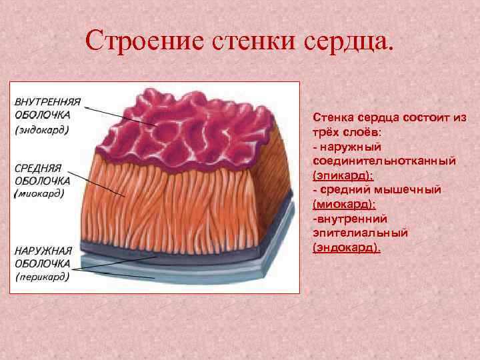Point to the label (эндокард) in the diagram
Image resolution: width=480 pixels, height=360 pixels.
43,129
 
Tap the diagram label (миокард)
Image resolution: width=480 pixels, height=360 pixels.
40,194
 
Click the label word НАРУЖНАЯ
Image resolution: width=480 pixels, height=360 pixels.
43,250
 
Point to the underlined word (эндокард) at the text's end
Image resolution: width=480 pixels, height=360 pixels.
347,247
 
